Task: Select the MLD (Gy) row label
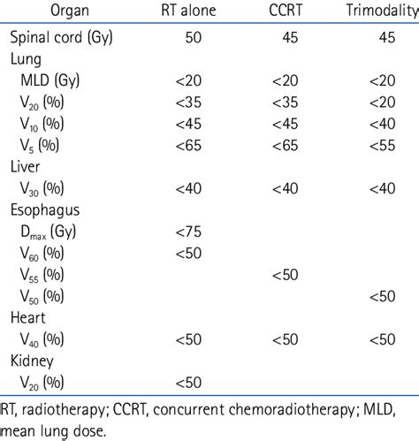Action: (x=56, y=81)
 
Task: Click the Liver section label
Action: (x=26, y=165)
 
